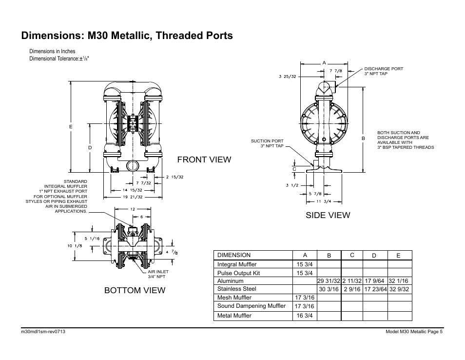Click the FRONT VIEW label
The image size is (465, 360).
pyautogui.click(x=204, y=160)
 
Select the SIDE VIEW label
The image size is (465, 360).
pyautogui.click(x=328, y=215)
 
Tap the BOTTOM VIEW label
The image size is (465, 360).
pyautogui.click(x=135, y=290)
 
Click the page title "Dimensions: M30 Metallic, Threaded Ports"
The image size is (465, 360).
pyautogui.click(x=127, y=36)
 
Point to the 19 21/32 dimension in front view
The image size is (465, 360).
pyautogui.click(x=133, y=197)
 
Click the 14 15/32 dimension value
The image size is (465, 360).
pyautogui.click(x=132, y=190)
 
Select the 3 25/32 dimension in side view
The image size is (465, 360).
pyautogui.click(x=287, y=76)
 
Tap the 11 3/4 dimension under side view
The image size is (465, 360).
pyautogui.click(x=324, y=201)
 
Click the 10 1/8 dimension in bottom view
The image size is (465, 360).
pyautogui.click(x=74, y=246)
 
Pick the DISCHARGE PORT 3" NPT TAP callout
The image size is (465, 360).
pyautogui.click(x=383, y=71)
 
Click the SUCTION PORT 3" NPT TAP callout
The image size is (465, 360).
pyautogui.click(x=267, y=143)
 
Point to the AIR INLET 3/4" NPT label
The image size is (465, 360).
pyautogui.click(x=158, y=274)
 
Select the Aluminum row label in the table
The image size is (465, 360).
pyautogui.click(x=231, y=281)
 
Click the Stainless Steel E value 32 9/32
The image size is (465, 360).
pyautogui.click(x=399, y=289)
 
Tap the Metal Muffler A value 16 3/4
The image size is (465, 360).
pyautogui.click(x=305, y=316)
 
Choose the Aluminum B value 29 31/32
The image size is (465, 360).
pyautogui.click(x=329, y=281)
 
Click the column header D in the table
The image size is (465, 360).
pyautogui.click(x=374, y=255)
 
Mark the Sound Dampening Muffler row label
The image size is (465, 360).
pyautogui.click(x=251, y=306)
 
